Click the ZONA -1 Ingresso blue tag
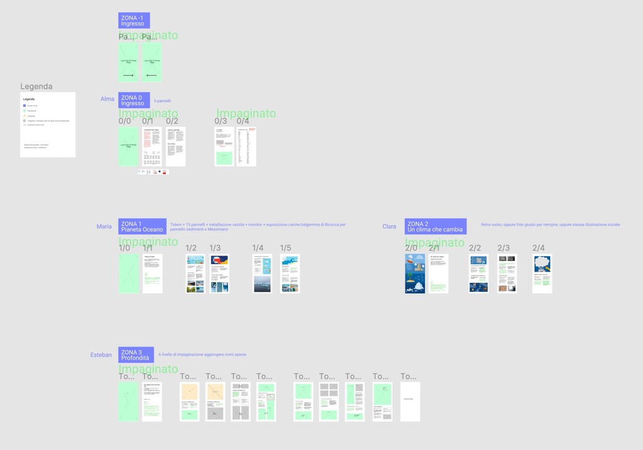click(x=134, y=20)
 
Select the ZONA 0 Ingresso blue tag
click(x=134, y=100)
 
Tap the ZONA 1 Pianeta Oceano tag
click(x=142, y=227)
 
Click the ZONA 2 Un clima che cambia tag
click(x=435, y=227)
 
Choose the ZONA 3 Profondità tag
click(x=136, y=355)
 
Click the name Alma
click(x=107, y=99)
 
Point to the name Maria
click(x=104, y=227)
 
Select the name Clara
click(x=389, y=227)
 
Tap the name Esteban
click(x=101, y=355)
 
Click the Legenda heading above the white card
click(x=36, y=87)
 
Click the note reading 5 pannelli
click(x=162, y=100)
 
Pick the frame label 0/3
click(x=220, y=121)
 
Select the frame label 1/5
click(x=285, y=248)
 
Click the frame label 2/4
click(x=539, y=248)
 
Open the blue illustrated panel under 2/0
click(x=415, y=274)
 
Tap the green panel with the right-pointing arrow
click(x=128, y=62)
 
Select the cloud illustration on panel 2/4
click(x=542, y=262)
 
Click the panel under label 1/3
click(x=219, y=274)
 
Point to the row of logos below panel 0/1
click(x=153, y=171)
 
